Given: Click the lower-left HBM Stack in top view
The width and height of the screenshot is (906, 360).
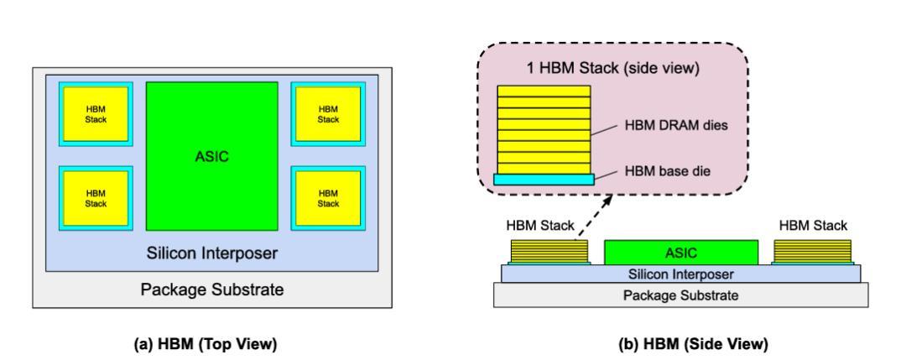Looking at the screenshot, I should pyautogui.click(x=99, y=197).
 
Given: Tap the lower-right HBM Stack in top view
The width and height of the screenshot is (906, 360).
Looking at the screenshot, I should pyautogui.click(x=328, y=197).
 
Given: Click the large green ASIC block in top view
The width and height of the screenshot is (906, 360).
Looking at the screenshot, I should pyautogui.click(x=212, y=155).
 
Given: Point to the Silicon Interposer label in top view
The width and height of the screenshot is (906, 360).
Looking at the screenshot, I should pyautogui.click(x=212, y=252).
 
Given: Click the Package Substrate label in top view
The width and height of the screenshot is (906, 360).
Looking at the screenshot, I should pyautogui.click(x=212, y=290).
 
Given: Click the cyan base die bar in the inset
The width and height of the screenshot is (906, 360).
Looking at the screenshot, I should pyautogui.click(x=544, y=179).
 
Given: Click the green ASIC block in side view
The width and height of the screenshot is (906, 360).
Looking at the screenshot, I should pyautogui.click(x=680, y=251).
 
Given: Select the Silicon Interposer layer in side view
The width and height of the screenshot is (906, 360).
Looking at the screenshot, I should pyautogui.click(x=680, y=273).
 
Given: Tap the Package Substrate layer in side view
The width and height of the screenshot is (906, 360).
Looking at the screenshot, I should pyautogui.click(x=680, y=295).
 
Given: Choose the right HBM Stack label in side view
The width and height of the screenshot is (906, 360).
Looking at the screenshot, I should pyautogui.click(x=813, y=226).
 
